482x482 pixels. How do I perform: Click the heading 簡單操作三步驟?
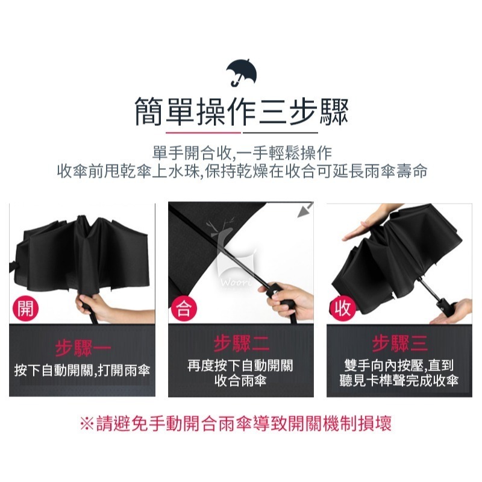(x=242, y=111)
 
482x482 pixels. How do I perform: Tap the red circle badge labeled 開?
(x=25, y=308)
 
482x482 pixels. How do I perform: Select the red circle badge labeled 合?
(x=184, y=308)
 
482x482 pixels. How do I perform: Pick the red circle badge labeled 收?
(x=342, y=308)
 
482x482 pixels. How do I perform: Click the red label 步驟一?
(x=83, y=348)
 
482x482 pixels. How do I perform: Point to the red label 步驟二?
(x=242, y=343)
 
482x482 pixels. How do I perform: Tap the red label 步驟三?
(x=400, y=343)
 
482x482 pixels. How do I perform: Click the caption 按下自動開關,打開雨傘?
(x=82, y=371)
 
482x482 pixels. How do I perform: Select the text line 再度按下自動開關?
(x=240, y=366)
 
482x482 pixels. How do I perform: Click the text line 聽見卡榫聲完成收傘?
(x=399, y=381)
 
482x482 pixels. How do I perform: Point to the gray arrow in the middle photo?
(x=305, y=210)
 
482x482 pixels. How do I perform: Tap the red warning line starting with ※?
(x=236, y=424)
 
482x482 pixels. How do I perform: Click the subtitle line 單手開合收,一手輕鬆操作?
(x=242, y=154)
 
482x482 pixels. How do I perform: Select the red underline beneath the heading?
(x=203, y=133)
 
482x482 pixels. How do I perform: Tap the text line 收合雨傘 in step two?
(x=240, y=381)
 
